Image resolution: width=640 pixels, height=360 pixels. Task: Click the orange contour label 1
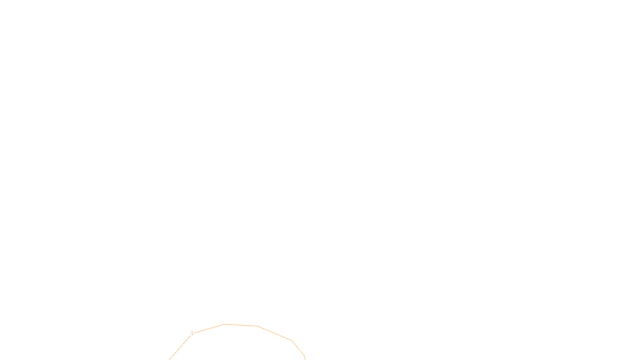(x=192, y=333)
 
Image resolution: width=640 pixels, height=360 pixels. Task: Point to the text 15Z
(x=303, y=353)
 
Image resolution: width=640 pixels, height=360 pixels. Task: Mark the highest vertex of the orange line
(x=225, y=324)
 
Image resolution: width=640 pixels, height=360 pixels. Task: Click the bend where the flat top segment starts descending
(x=258, y=326)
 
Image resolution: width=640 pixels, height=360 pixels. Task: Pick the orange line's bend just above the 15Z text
(x=292, y=341)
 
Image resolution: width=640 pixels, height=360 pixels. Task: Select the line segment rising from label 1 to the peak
(x=209, y=329)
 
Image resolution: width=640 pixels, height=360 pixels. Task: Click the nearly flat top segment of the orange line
(x=241, y=325)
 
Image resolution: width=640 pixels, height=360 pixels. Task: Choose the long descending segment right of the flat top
(x=275, y=333)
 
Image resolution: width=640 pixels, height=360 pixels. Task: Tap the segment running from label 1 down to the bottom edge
(x=180, y=347)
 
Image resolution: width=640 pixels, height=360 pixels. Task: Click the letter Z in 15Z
(x=306, y=353)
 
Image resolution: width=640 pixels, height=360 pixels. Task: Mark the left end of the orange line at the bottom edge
(x=170, y=359)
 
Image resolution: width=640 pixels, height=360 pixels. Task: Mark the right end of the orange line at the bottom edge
(x=305, y=359)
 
